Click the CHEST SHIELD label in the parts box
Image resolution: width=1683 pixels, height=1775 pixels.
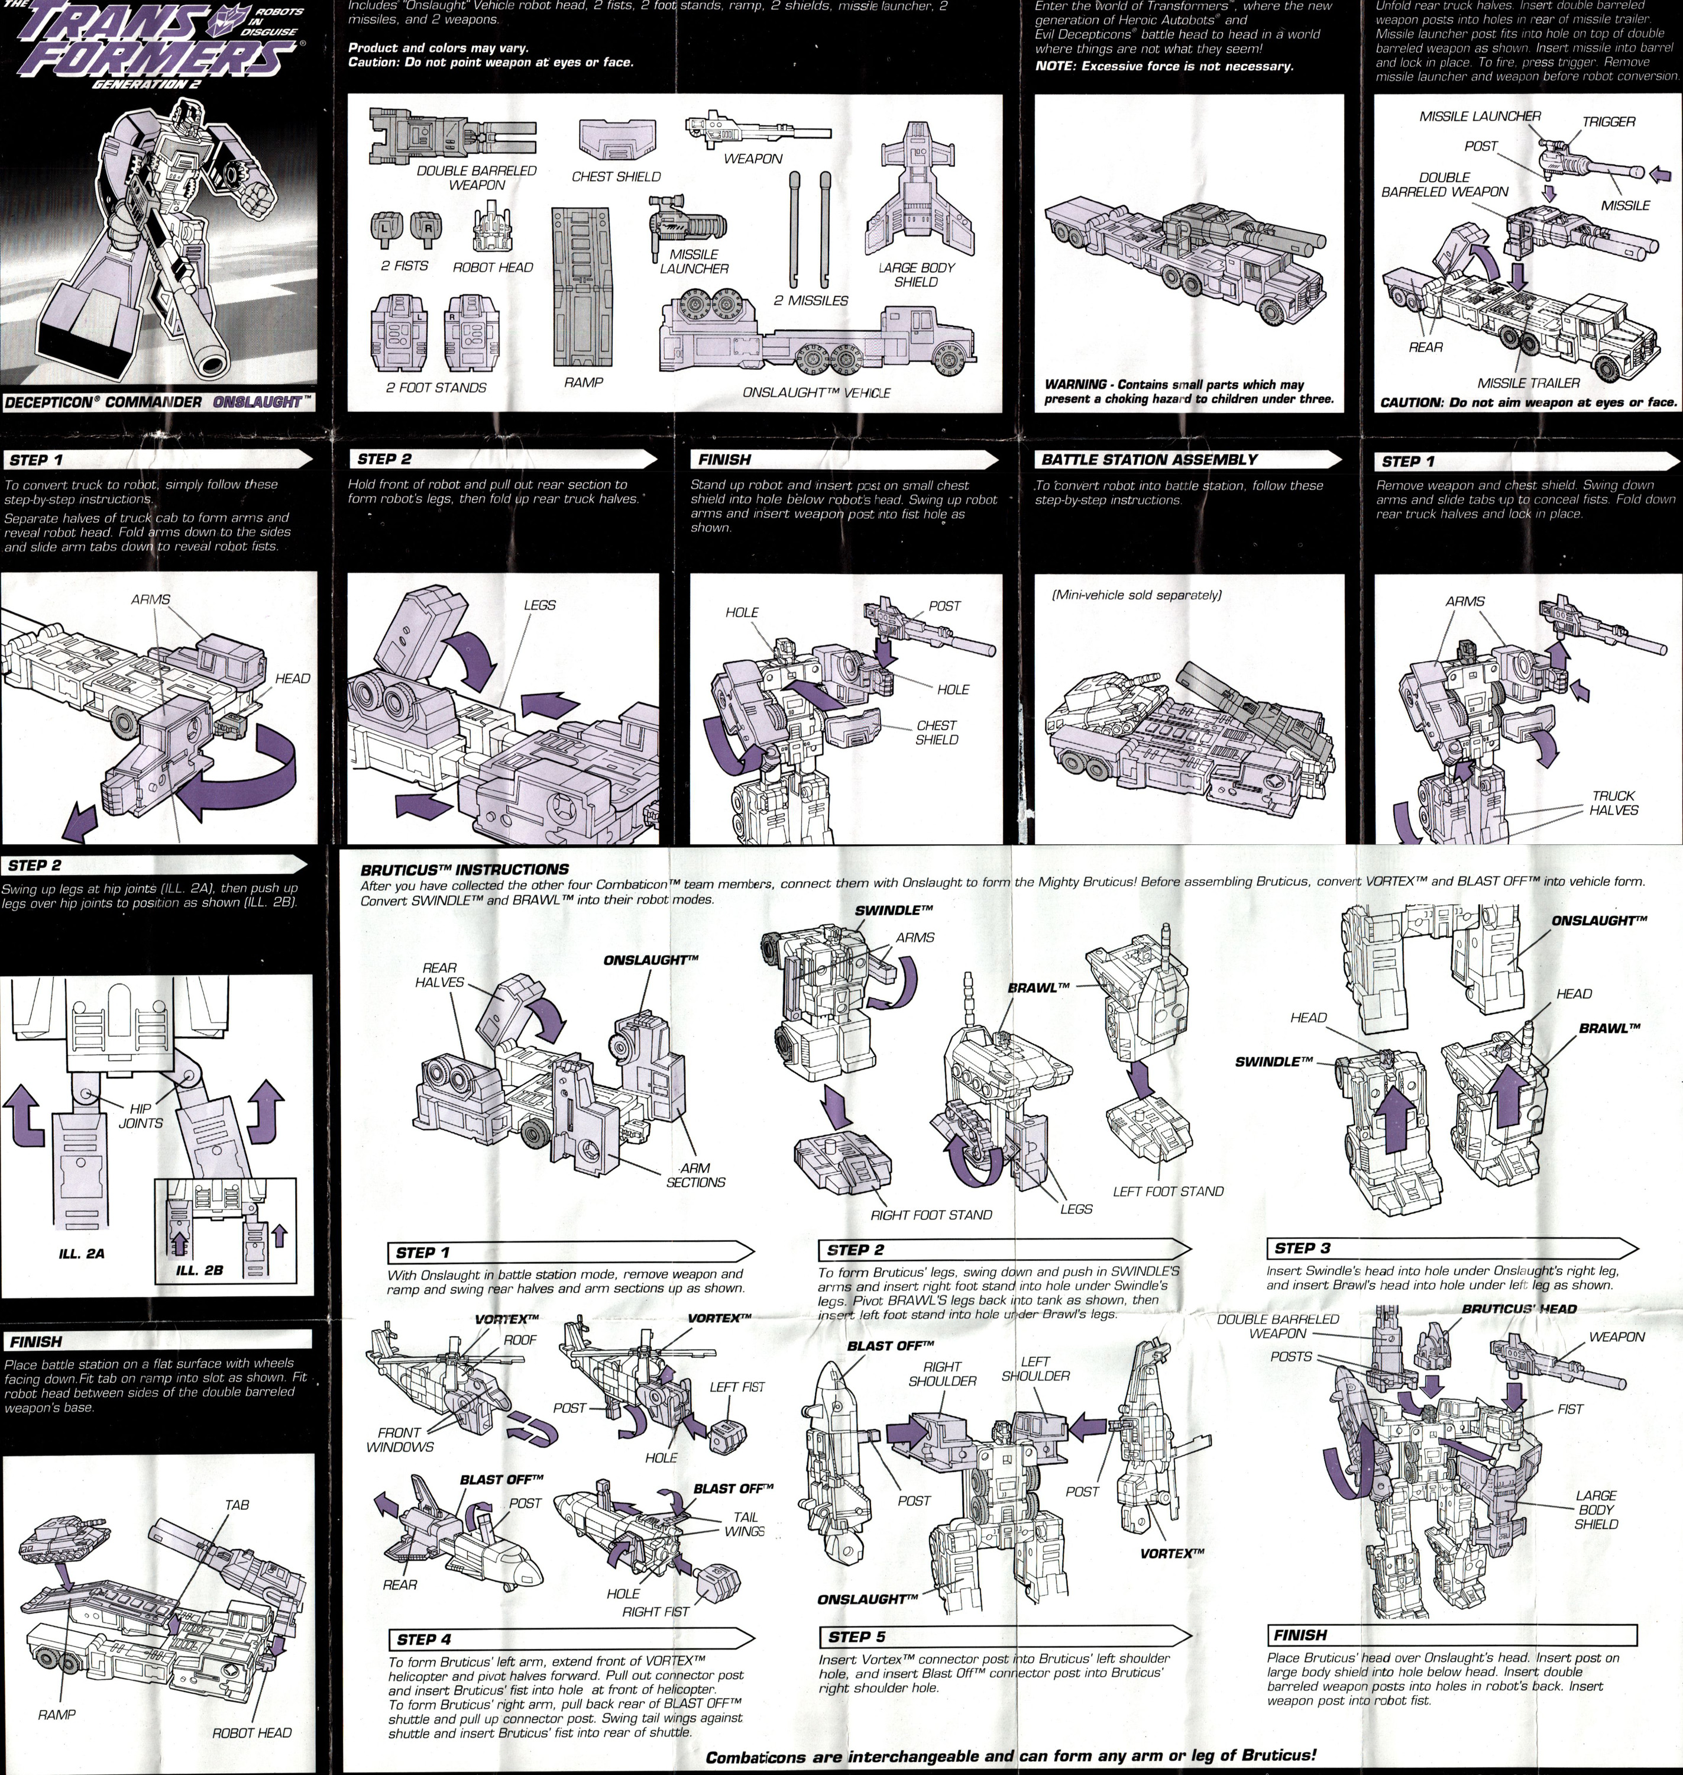point(616,177)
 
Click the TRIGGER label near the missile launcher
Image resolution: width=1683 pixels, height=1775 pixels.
point(1608,122)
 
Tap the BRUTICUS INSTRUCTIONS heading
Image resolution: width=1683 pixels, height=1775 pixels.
point(464,870)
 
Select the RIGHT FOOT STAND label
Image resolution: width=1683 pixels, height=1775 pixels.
point(931,1215)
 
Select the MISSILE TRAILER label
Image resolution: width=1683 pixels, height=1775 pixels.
point(1528,383)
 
